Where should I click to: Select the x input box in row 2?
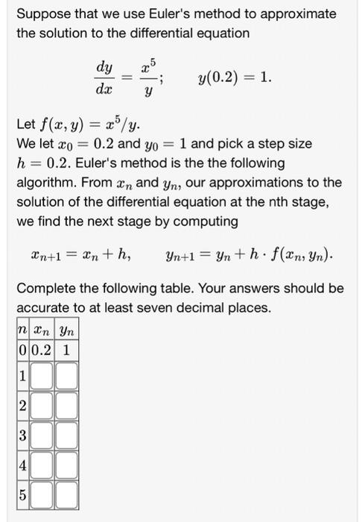(42, 406)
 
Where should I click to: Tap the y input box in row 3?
(66, 434)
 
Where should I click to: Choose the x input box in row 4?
(42, 463)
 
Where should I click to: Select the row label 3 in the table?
(22, 434)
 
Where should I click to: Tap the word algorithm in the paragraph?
(46, 183)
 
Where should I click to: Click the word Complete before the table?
(45, 289)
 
